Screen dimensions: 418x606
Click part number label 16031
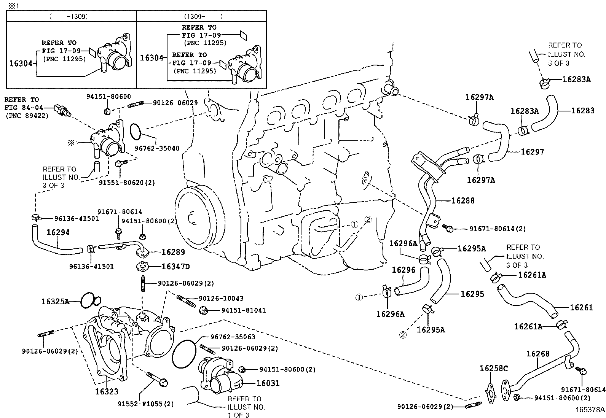[268, 383]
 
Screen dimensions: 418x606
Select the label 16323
[107, 391]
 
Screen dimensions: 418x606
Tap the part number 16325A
[56, 302]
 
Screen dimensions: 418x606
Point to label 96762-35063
[233, 337]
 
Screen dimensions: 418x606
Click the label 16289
[173, 252]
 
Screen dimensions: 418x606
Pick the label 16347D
[175, 267]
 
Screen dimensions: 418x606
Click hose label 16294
[58, 232]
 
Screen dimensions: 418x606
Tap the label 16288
[463, 200]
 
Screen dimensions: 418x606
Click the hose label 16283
[583, 111]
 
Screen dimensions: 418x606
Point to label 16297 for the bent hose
[533, 152]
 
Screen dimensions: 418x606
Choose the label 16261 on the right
[581, 307]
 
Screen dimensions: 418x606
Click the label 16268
[538, 354]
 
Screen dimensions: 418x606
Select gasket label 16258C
[494, 368]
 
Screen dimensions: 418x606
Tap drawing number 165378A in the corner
[590, 410]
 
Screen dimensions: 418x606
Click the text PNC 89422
[27, 116]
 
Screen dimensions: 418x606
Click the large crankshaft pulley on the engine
[192, 219]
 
